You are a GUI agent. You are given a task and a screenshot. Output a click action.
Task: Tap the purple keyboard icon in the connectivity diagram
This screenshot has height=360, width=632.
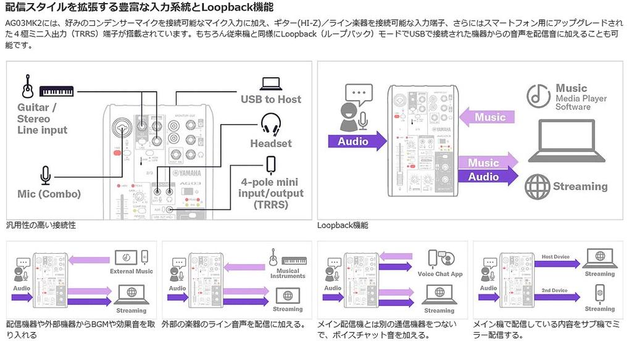tap(57, 91)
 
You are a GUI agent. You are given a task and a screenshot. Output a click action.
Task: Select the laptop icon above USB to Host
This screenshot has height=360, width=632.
tap(271, 83)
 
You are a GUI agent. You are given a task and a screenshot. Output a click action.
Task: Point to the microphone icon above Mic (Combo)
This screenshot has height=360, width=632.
tap(45, 175)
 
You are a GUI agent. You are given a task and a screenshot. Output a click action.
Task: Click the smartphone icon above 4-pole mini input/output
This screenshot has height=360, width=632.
tap(270, 165)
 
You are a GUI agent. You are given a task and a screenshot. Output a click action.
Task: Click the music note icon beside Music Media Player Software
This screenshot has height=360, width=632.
tap(538, 96)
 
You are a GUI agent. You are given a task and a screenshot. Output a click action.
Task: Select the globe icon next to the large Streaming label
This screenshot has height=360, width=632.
tap(537, 186)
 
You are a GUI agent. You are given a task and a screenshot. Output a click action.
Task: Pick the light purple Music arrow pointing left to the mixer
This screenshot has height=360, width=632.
tap(488, 117)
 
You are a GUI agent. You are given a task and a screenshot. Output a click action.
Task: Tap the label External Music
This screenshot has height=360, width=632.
tap(131, 272)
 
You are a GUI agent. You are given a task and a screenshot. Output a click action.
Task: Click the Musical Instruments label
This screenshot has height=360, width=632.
tap(288, 274)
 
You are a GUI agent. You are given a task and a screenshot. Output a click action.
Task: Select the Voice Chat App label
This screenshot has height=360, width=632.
tap(440, 274)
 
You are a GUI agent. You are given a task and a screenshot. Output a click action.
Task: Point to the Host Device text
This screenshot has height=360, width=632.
tap(555, 257)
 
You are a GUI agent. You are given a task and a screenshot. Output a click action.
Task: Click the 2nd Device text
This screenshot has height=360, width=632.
tap(555, 290)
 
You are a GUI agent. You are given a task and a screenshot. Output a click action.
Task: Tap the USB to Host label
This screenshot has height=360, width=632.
tap(271, 99)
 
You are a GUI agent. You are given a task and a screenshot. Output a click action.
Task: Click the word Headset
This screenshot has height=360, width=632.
tap(271, 143)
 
